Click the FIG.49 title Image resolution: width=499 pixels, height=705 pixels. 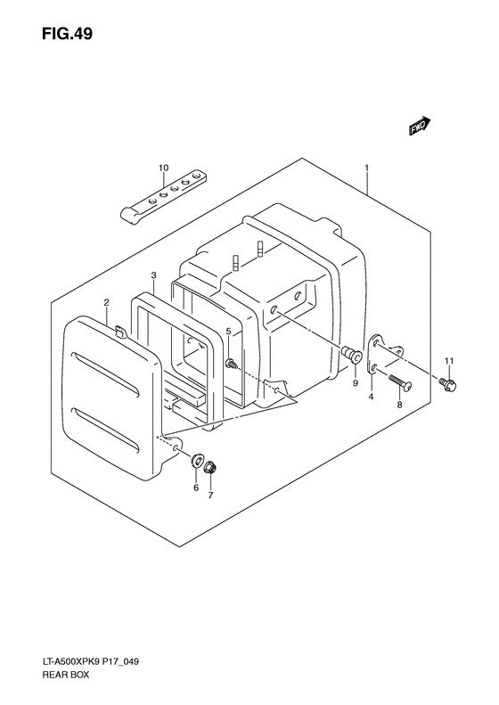(67, 34)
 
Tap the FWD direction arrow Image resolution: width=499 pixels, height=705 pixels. (420, 126)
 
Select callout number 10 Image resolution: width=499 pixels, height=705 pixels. (163, 168)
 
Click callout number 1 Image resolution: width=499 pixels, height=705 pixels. (367, 168)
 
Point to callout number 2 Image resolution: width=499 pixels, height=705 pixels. (107, 303)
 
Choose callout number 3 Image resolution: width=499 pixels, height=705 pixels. (153, 275)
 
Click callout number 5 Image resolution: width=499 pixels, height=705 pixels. (228, 332)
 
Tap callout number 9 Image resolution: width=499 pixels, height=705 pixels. (356, 383)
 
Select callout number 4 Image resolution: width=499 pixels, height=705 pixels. (371, 397)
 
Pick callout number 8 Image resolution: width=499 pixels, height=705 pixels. (400, 405)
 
